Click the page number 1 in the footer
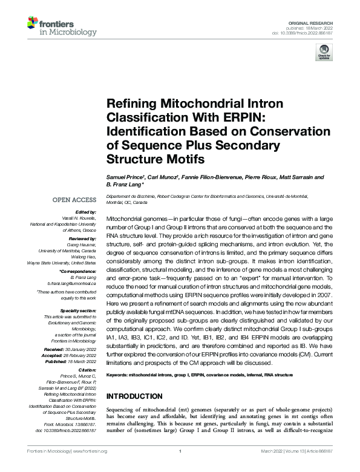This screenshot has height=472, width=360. pyautogui.click(x=180, y=451)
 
